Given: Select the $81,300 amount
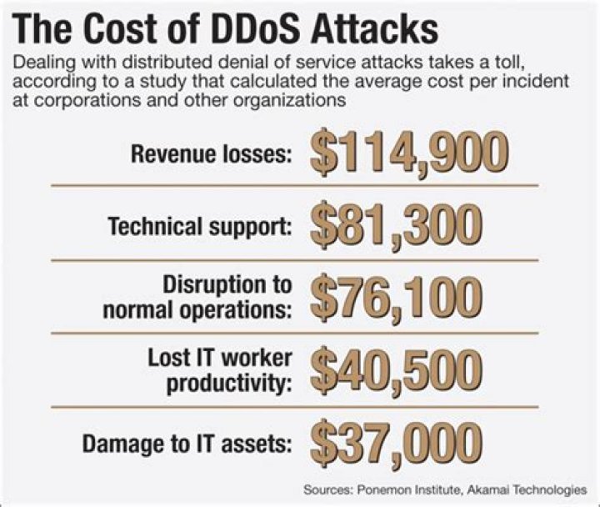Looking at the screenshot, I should point(396,223).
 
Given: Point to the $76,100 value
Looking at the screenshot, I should point(396,297).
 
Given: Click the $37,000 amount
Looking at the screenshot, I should point(396,441).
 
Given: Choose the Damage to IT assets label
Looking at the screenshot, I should point(187,444).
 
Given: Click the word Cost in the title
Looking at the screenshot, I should point(117,30).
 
